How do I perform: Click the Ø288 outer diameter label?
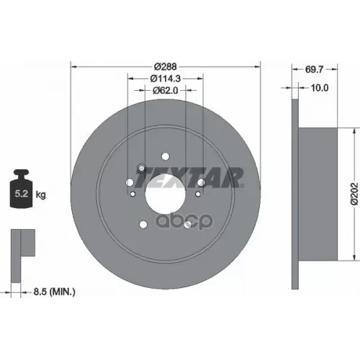tap(165, 63)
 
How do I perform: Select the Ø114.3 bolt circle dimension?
tap(165, 77)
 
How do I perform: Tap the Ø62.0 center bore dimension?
tap(165, 91)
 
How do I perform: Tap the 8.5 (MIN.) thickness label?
tap(55, 291)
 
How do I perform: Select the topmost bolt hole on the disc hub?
tap(165, 156)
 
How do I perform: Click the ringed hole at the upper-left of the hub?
tap(141, 169)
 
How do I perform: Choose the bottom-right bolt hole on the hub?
tap(188, 224)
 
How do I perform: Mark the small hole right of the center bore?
tap(197, 194)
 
